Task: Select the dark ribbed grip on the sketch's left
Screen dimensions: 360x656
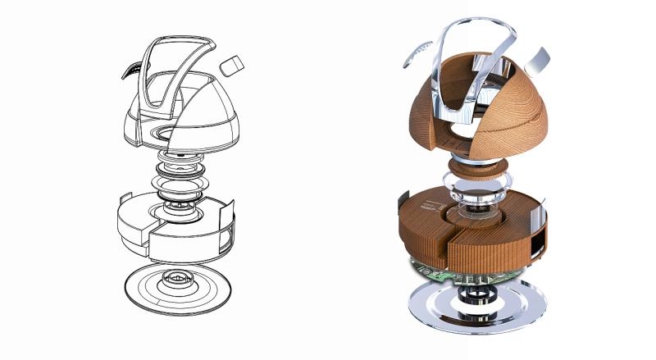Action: coord(130,72)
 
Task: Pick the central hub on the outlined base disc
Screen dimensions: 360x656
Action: coord(176,280)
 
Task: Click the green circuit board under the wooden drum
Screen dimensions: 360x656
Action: coord(430,271)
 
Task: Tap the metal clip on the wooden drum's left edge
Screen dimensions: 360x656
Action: coord(403,201)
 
